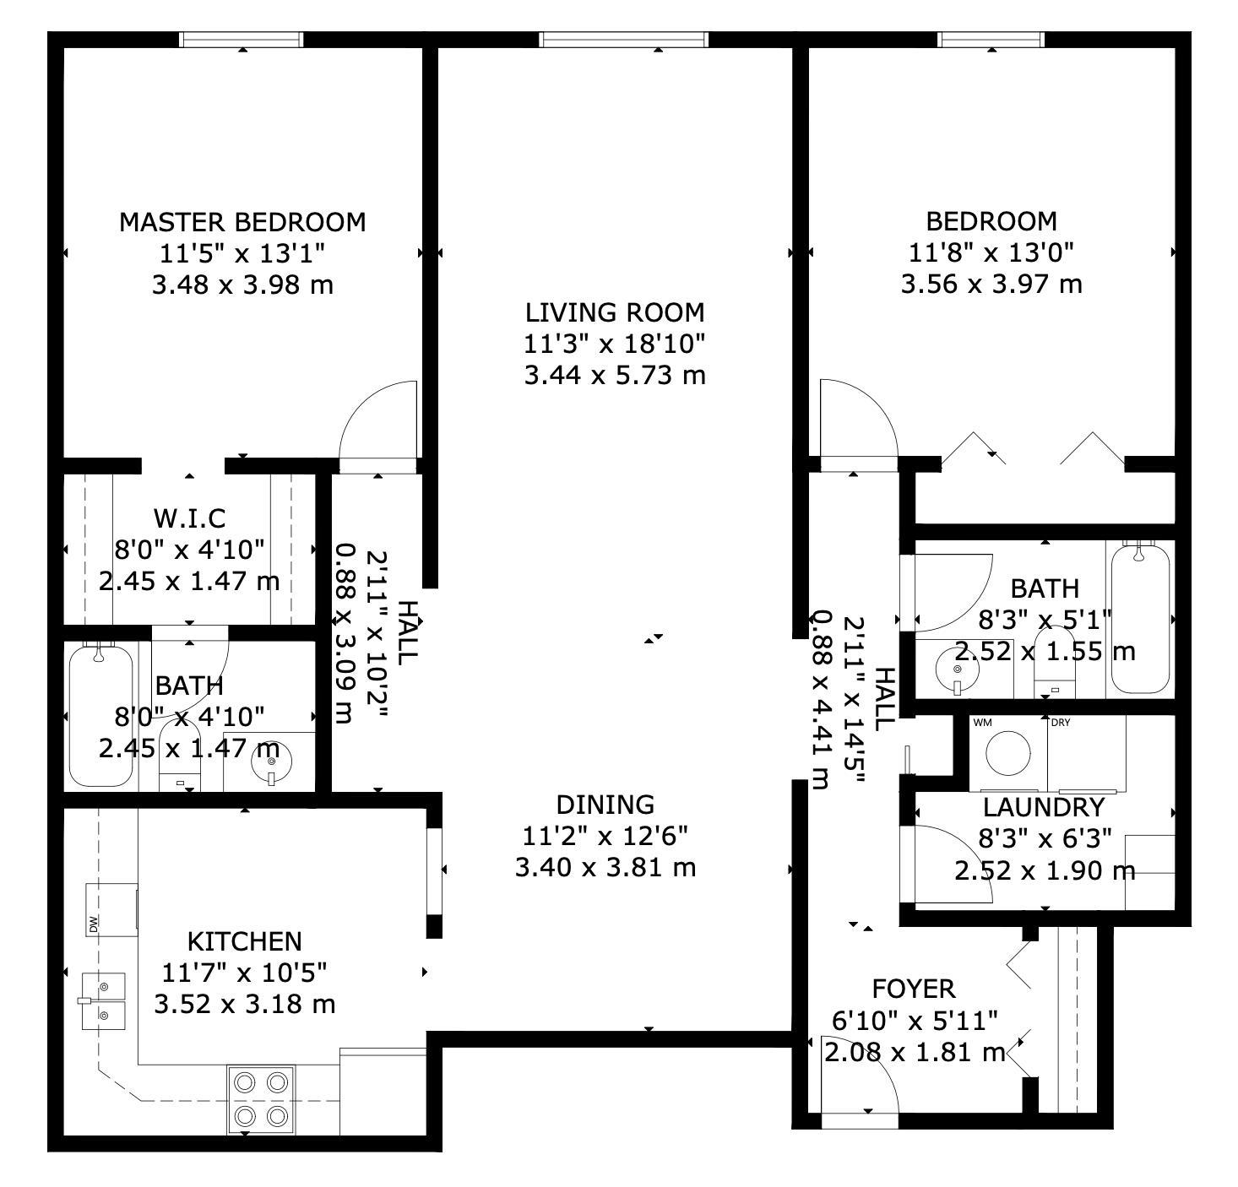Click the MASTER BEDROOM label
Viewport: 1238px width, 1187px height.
[242, 223]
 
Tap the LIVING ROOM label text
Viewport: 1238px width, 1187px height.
[615, 313]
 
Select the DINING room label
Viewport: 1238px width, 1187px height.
[605, 805]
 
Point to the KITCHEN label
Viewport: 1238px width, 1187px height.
[244, 941]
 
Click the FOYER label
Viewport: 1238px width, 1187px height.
[914, 989]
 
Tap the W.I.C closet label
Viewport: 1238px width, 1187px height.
[189, 518]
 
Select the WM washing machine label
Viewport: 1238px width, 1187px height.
[983, 723]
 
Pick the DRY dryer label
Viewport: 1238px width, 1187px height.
[1061, 723]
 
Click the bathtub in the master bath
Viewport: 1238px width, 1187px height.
[100, 715]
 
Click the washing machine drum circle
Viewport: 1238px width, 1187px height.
[1007, 753]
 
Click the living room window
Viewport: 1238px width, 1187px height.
[623, 40]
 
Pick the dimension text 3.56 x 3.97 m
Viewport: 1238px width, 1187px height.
[991, 284]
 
